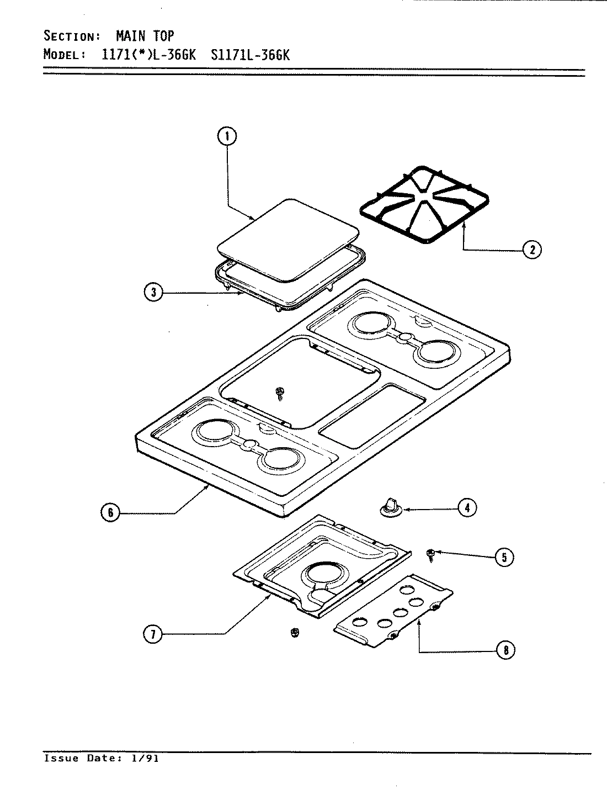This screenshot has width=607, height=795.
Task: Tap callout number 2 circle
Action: tap(532, 250)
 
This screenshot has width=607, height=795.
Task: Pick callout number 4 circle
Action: tap(467, 507)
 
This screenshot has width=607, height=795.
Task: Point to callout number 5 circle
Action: tap(504, 556)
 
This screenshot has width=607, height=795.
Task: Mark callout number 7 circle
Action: tap(153, 635)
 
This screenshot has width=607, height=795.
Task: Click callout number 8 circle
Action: tap(505, 650)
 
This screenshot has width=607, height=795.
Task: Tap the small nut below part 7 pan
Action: tap(294, 633)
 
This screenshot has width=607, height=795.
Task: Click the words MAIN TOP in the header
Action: tap(145, 36)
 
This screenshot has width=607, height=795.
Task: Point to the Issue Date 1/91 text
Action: tap(102, 759)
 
